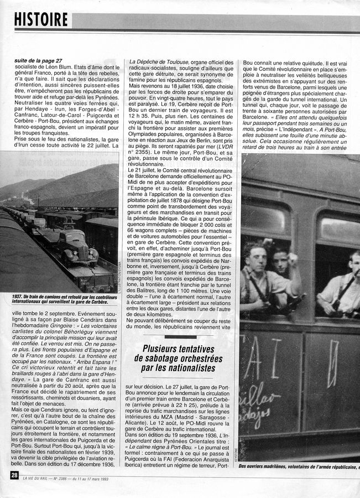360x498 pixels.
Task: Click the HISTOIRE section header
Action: click(x=41, y=20)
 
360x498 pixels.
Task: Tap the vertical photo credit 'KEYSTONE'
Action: click(x=236, y=452)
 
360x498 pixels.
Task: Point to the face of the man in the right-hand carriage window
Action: click(x=353, y=260)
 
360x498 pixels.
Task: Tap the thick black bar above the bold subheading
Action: click(x=180, y=336)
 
